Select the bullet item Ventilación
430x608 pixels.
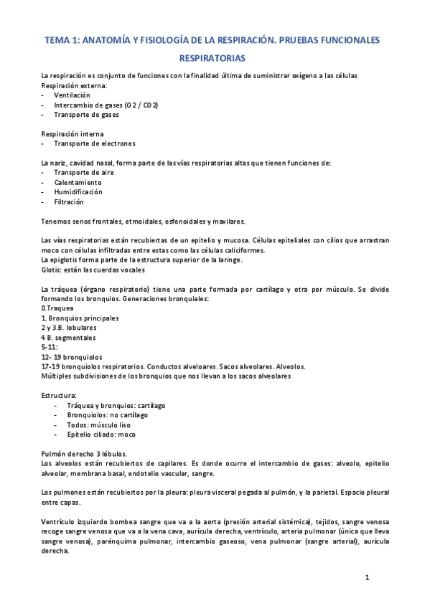tap(72, 95)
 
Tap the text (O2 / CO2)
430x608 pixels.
tap(141, 105)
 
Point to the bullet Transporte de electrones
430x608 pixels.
tap(94, 143)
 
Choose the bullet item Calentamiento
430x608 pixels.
tap(78, 182)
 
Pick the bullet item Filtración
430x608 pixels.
tap(69, 201)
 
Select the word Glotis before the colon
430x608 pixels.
tap(52, 270)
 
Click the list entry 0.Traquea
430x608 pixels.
tap(57, 308)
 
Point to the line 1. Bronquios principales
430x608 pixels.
tap(80, 318)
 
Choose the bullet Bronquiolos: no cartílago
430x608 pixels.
tap(108, 414)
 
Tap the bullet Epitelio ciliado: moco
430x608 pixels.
tap(101, 434)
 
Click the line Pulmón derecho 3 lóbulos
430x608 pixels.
tap(85, 453)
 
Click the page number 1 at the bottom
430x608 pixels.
tap(366, 578)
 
